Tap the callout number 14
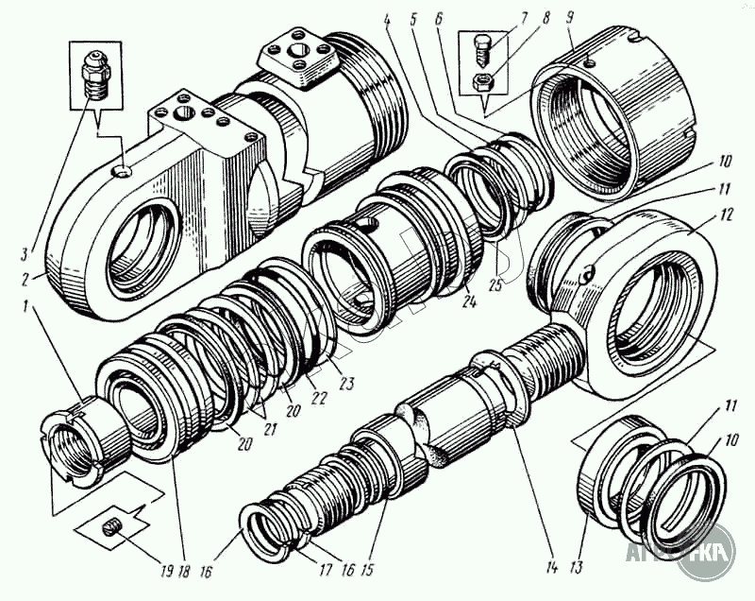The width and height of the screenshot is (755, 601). [x=550, y=567]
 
